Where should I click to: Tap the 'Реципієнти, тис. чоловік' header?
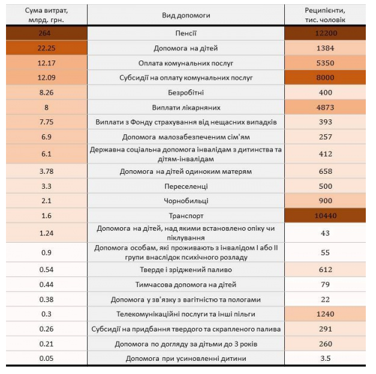(324, 15)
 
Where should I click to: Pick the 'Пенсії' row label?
(186, 34)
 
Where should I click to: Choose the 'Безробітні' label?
(186, 93)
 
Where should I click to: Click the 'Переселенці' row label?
(186, 186)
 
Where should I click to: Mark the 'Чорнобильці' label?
(186, 201)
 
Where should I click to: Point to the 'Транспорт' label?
(186, 216)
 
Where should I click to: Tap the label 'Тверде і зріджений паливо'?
(186, 270)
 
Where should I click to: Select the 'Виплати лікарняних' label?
(186, 108)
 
